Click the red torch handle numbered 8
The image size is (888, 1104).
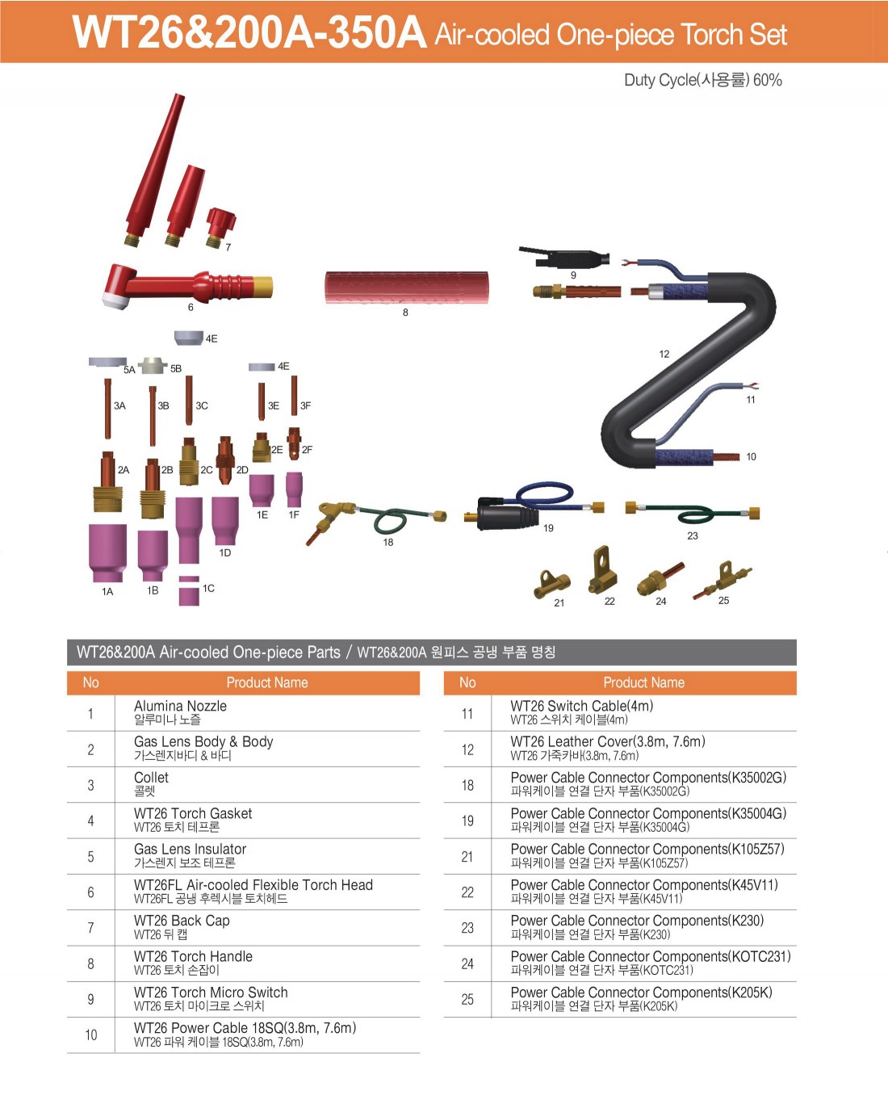click(x=407, y=288)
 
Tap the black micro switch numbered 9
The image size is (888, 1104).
click(x=564, y=257)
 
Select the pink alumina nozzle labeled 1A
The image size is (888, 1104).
click(x=107, y=552)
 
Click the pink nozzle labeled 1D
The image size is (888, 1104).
click(x=225, y=520)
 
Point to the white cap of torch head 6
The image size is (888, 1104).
click(x=115, y=301)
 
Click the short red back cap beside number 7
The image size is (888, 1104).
click(x=220, y=227)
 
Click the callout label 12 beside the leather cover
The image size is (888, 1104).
click(x=664, y=354)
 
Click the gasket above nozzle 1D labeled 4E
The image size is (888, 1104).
click(x=188, y=338)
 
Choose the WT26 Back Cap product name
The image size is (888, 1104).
click(x=182, y=921)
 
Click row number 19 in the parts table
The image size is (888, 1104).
click(x=467, y=821)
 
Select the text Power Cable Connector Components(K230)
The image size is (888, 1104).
click(x=637, y=921)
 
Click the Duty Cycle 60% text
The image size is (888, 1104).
click(x=703, y=80)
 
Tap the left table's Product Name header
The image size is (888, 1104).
click(x=267, y=682)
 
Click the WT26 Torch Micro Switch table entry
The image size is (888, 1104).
click(x=211, y=993)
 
